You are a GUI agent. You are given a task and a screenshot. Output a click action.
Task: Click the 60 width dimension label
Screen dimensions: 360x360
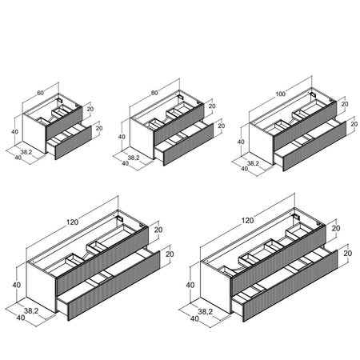point(40,93)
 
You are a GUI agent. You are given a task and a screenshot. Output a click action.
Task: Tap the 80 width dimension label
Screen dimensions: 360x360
point(154,93)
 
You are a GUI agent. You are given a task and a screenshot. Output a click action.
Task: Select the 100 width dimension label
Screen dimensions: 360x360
point(280,94)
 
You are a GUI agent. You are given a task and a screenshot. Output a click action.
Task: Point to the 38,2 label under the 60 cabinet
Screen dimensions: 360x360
point(26,152)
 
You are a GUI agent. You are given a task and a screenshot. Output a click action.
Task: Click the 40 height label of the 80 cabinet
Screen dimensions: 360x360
point(122,137)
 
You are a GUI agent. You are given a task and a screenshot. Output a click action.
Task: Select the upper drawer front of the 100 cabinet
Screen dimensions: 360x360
point(305,126)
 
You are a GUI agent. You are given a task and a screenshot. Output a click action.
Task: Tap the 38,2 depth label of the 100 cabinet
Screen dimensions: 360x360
point(253,163)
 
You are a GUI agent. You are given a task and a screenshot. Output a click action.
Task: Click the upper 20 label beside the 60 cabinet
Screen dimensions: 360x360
point(90,109)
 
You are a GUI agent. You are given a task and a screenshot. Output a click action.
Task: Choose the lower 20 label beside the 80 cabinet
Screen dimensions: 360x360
point(222,126)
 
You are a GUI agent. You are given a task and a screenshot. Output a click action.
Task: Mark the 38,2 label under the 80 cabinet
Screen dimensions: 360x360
point(134,158)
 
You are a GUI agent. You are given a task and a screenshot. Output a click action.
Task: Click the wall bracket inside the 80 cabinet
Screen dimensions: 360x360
point(181,98)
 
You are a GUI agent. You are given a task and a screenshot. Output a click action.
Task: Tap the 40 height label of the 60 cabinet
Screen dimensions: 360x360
point(15,132)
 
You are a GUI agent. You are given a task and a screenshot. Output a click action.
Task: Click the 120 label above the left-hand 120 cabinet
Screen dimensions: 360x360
point(72,222)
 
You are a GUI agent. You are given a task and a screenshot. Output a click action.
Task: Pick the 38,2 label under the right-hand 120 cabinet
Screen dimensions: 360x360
point(206,311)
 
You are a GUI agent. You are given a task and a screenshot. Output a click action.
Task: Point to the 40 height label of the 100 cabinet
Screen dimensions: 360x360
point(241,142)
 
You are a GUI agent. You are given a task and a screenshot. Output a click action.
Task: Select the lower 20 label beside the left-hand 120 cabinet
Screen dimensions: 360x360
point(170,254)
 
